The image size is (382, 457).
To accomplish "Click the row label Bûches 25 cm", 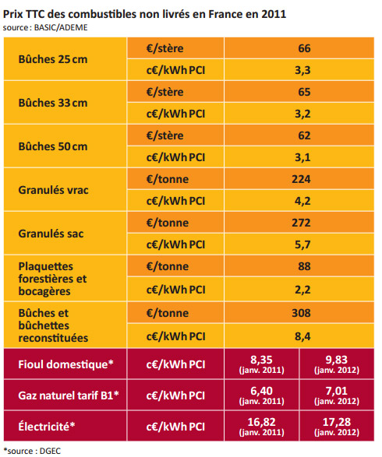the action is point(53,59).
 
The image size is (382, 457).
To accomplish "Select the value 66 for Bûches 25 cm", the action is point(304,48).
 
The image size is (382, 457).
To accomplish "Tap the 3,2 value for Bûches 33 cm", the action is point(302,114).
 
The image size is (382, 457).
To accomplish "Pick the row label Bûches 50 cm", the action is point(53,146).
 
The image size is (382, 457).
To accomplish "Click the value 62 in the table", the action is point(304,135).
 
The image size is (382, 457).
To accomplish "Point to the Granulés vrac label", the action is point(54,190).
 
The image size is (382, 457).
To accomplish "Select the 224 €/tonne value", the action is point(301,179).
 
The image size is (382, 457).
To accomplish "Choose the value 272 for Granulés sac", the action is point(301,223).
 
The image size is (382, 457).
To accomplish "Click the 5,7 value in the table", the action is point(302,244).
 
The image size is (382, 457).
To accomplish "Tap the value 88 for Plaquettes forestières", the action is point(304,266).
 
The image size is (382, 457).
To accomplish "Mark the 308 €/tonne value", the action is point(301,313).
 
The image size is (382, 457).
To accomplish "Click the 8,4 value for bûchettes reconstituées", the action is point(302,336).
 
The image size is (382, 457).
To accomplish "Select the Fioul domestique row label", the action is point(65,364).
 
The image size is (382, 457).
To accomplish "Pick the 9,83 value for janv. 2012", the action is point(337,360).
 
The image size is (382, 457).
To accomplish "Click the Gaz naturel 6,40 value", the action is point(261,391).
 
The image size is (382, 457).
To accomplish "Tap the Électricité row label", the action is point(47,427).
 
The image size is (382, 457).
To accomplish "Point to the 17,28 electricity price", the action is point(337,422).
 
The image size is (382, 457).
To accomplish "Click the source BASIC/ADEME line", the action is point(45,27).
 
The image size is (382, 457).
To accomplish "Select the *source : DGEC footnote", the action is point(32,451).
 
